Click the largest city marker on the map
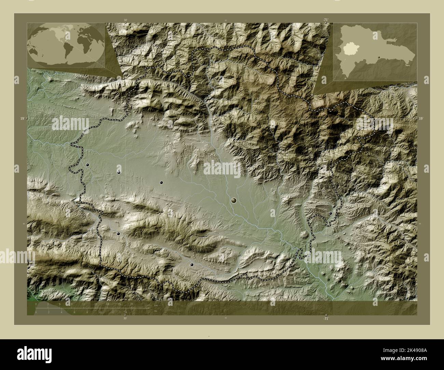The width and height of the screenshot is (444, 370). [x=234, y=200]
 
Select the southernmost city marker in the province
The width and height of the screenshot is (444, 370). [x=192, y=264]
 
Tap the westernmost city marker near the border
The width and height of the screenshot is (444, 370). [x=88, y=165]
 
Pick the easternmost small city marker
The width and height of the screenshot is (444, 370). [x=330, y=213]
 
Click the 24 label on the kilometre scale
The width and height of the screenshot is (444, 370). [x=131, y=304]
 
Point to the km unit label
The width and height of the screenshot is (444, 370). [x=156, y=305]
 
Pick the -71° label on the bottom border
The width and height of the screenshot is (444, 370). [x=326, y=318]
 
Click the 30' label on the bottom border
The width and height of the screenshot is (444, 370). [x=125, y=318]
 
